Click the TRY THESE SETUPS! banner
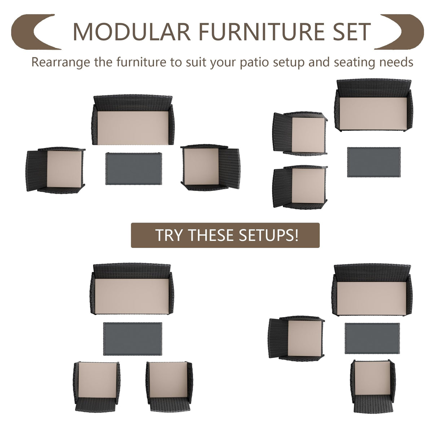pos(225,235)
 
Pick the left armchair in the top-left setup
pos(56,169)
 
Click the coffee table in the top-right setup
pos(374,162)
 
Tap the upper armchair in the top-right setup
pos(300,133)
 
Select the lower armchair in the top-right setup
pos(300,187)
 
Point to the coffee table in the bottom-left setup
pos(133,339)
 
